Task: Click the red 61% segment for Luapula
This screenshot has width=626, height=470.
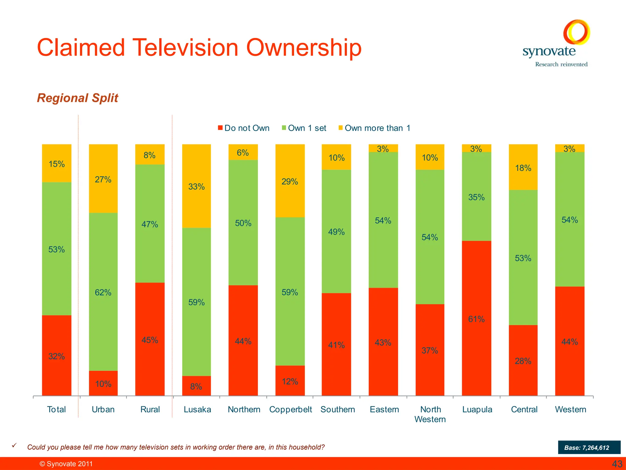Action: click(x=476, y=318)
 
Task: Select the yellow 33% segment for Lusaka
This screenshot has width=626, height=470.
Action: click(x=196, y=186)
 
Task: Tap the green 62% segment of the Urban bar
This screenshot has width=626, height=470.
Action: click(x=103, y=292)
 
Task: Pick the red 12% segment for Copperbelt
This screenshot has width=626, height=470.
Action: click(x=290, y=380)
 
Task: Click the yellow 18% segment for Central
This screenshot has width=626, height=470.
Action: click(x=523, y=167)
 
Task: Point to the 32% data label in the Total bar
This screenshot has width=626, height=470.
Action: click(x=57, y=356)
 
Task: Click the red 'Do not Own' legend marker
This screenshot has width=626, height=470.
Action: click(x=220, y=128)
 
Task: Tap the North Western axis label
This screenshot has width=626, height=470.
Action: click(x=430, y=414)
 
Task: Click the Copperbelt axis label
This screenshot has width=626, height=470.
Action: click(x=290, y=409)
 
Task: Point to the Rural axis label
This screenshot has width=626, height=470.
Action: click(x=150, y=409)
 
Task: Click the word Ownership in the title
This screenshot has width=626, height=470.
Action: click(x=304, y=48)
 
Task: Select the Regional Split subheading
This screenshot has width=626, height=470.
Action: click(x=77, y=98)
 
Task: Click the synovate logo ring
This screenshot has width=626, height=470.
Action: click(x=576, y=32)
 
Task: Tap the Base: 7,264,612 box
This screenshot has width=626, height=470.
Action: click(x=589, y=447)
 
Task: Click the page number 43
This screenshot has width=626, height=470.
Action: click(x=617, y=464)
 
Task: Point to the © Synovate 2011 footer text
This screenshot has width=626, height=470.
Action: click(x=66, y=464)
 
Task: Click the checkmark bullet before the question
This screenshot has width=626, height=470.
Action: click(x=14, y=446)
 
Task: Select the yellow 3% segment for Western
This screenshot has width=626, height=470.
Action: click(x=569, y=148)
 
